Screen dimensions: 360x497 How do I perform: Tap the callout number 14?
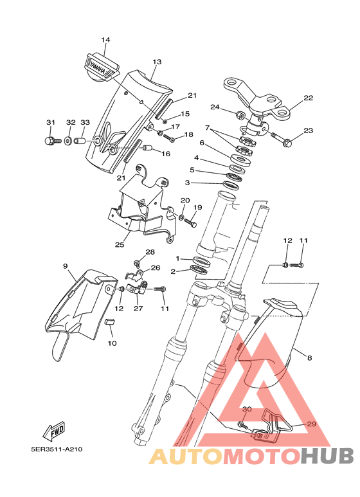[105, 40]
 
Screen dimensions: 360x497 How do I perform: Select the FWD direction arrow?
[54, 431]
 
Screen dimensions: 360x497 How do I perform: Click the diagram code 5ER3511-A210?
[57, 449]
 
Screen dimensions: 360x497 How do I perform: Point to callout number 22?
[308, 98]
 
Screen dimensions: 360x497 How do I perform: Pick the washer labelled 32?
[68, 140]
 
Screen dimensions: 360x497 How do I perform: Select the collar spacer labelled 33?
[80, 140]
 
